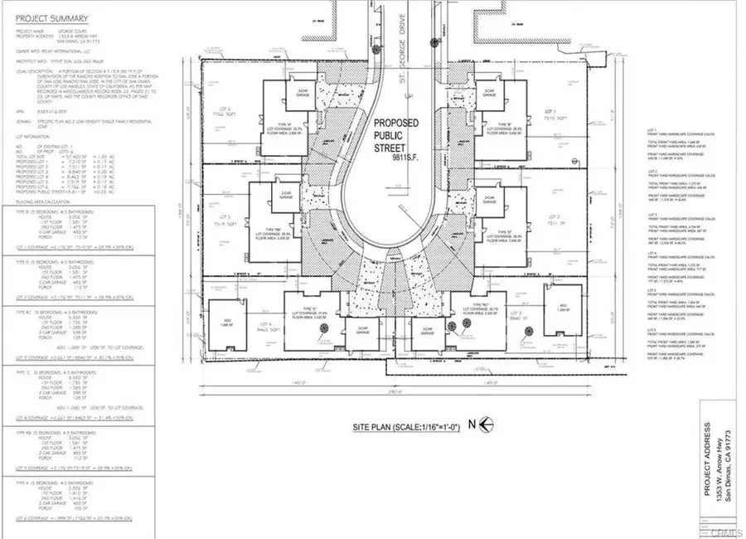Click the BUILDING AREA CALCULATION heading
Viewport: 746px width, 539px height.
(41, 200)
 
